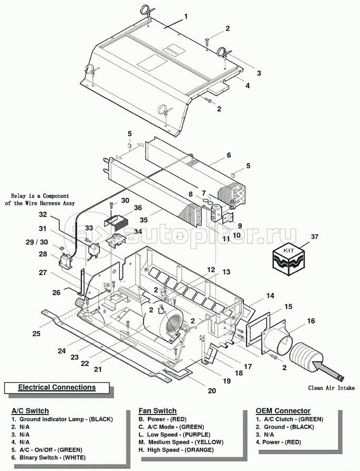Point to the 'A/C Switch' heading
(30, 411)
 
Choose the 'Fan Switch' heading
(157, 411)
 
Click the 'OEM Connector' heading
(283, 411)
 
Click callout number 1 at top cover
(186, 17)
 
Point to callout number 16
(310, 321)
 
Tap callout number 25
(36, 333)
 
